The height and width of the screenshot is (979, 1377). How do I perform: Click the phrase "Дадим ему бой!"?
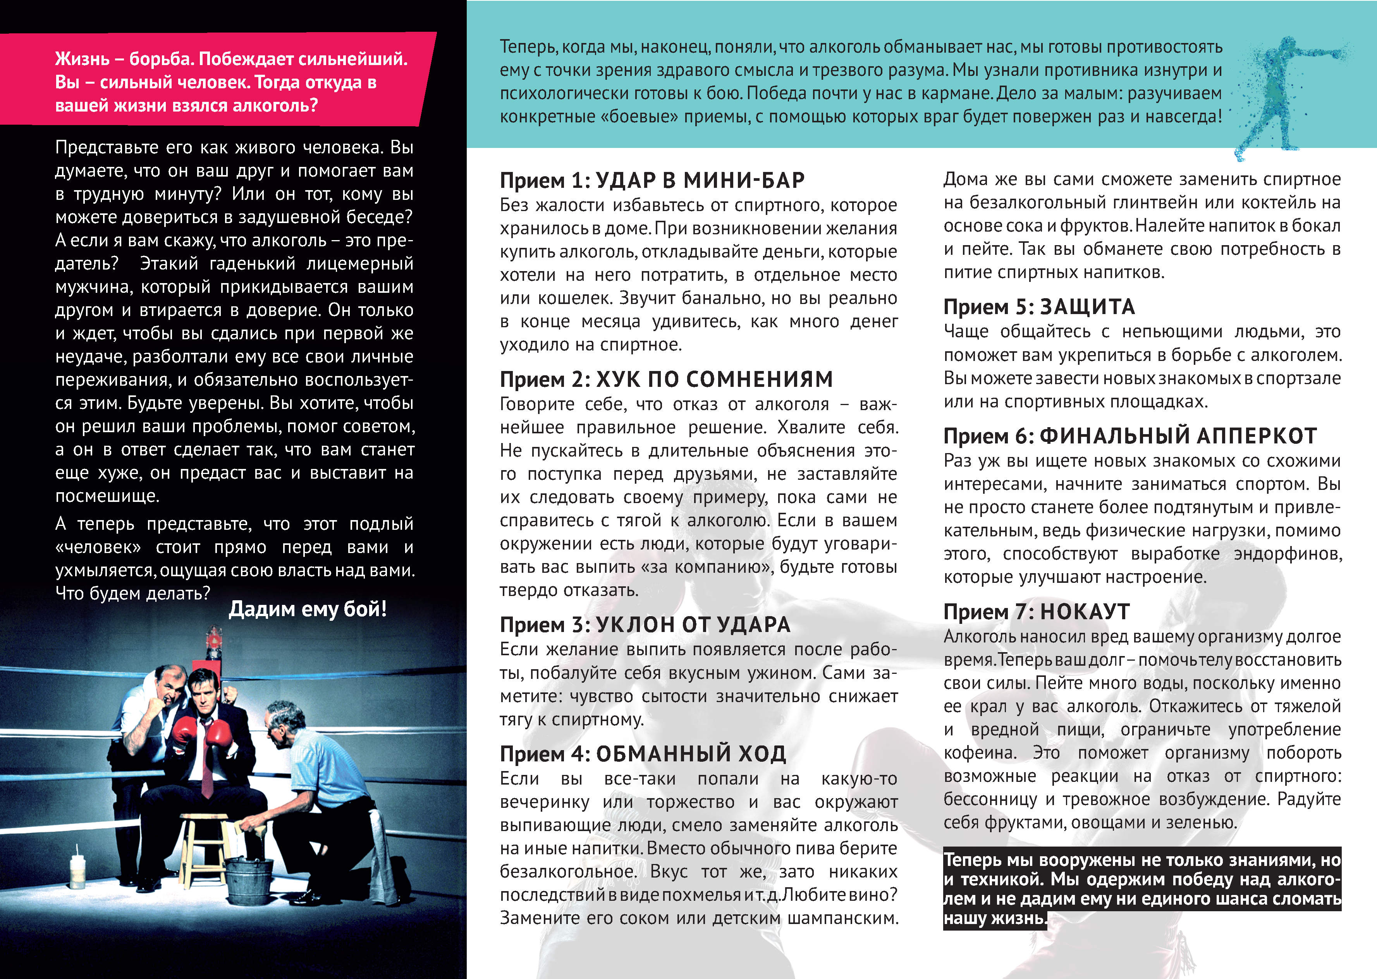point(308,609)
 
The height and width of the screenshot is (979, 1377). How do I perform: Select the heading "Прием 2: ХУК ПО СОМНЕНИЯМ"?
point(666,379)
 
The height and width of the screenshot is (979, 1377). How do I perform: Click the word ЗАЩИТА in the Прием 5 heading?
point(1088,306)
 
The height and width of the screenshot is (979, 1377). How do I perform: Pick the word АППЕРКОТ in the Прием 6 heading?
point(1269,435)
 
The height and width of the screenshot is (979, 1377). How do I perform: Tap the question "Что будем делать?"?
point(132,593)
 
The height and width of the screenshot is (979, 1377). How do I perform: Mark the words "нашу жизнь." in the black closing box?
point(995,918)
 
